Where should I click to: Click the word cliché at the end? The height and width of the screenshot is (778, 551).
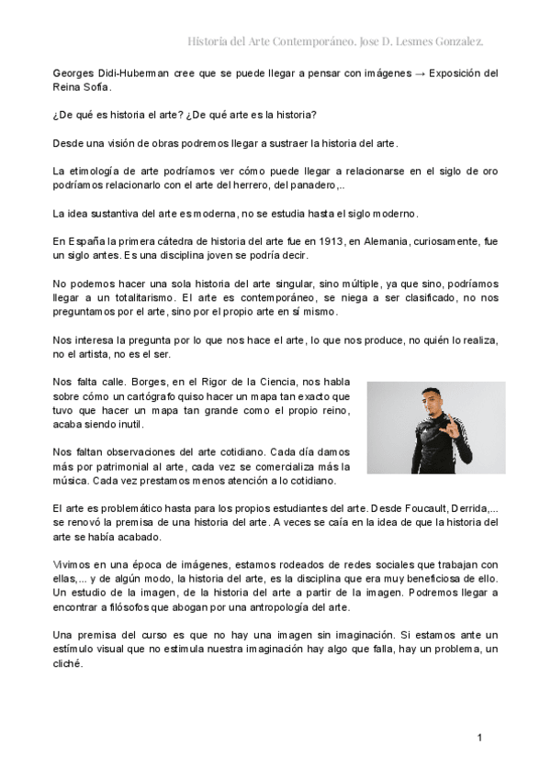pos(68,665)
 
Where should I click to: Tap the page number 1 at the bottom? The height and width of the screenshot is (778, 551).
pos(479,738)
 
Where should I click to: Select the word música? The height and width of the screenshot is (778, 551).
pos(70,481)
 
